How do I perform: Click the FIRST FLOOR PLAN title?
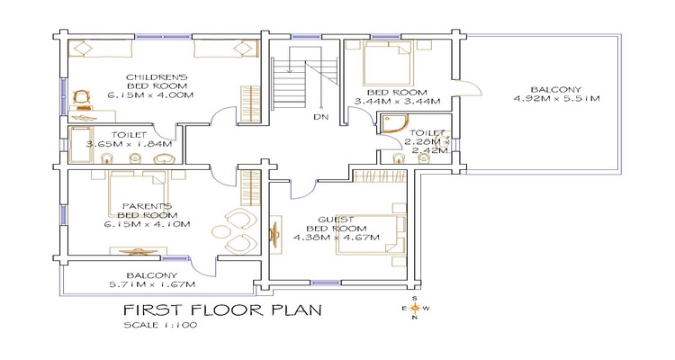tap(222, 310)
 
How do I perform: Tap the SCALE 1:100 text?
tap(160, 325)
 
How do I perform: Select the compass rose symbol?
tap(415, 308)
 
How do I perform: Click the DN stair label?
tap(321, 117)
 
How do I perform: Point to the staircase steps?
tap(289, 84)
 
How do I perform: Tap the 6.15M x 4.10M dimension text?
tap(148, 224)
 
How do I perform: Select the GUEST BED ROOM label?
tap(337, 224)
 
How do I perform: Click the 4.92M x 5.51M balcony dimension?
tap(556, 99)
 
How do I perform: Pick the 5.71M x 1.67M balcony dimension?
tap(152, 284)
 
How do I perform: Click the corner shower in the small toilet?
tap(393, 124)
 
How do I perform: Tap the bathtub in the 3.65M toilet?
tap(81, 145)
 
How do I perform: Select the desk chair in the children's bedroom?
tap(81, 97)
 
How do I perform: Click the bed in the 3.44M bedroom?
tap(387, 63)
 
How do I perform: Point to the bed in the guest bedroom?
tap(371, 235)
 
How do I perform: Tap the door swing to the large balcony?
tap(469, 87)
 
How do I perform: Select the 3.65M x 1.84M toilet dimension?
tap(129, 144)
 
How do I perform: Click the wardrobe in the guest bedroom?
tap(380, 175)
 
